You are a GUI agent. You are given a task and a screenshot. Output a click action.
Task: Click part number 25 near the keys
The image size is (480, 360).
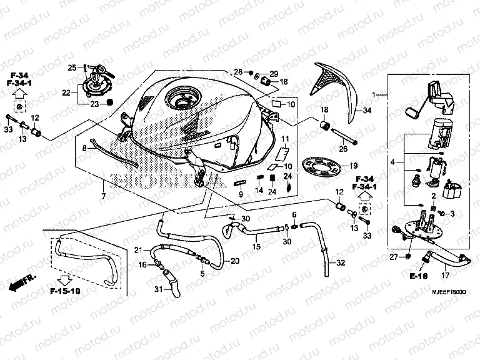[x=72, y=67]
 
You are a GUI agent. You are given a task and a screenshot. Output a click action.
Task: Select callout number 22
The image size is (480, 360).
[x=65, y=92]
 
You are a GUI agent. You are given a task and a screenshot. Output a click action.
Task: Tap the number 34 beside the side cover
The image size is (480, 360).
[x=367, y=111]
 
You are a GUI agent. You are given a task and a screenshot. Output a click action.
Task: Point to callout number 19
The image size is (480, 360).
[x=354, y=166]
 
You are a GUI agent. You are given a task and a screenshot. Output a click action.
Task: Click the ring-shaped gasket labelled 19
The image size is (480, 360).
[x=323, y=166]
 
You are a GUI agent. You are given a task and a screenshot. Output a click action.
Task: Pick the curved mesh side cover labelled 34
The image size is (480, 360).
[x=337, y=87]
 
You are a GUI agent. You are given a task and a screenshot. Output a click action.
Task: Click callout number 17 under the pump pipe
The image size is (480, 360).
[x=445, y=275]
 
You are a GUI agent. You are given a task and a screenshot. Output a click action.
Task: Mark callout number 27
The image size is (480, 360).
[x=394, y=257]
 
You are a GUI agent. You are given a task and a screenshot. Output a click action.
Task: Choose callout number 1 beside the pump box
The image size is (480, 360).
[x=374, y=95]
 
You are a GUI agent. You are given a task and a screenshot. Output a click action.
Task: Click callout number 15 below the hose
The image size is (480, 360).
[x=256, y=247]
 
